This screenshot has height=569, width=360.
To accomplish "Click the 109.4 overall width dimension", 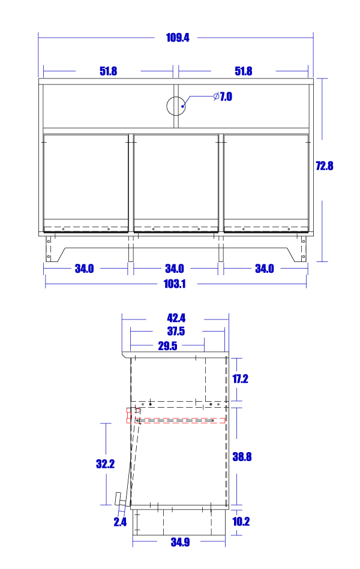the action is (177, 37).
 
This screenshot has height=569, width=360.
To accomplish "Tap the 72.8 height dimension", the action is (324, 166).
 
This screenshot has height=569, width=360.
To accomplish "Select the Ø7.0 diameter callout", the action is (223, 97).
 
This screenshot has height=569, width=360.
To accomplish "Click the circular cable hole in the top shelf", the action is (176, 106).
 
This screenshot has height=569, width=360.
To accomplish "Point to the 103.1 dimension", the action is (175, 284).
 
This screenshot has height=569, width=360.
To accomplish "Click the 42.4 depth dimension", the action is (176, 318).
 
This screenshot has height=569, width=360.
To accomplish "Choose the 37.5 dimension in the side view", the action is (176, 331).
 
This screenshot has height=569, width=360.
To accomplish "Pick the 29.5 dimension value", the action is (167, 345).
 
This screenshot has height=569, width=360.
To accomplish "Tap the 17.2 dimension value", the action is (240, 379).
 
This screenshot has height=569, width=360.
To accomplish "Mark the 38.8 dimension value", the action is (242, 456).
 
